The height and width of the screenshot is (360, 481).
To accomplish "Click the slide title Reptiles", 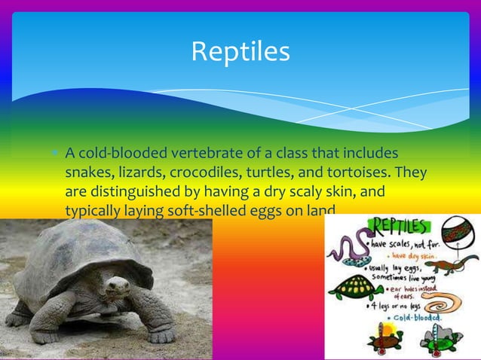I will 240,51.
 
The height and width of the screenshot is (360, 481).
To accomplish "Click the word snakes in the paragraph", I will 87,174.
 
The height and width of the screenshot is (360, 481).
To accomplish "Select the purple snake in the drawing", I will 345,249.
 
